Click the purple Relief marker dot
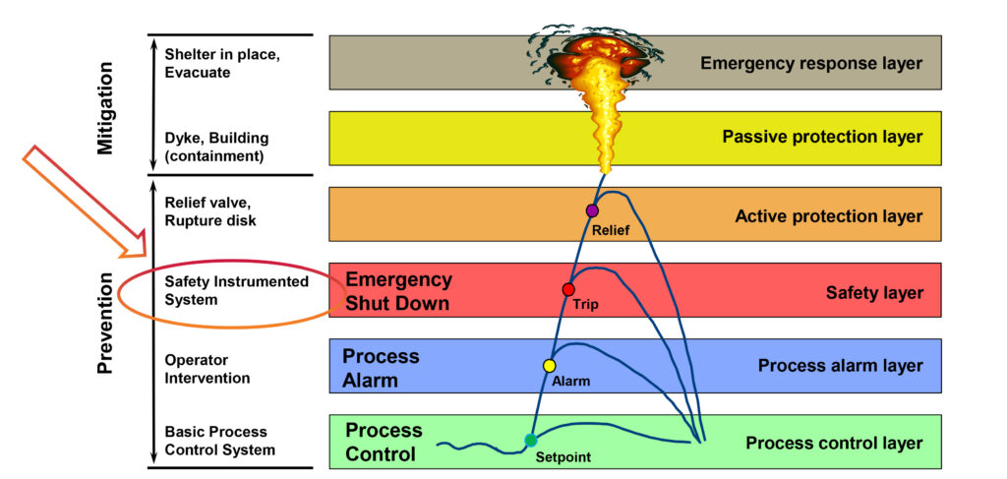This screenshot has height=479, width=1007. [592, 210]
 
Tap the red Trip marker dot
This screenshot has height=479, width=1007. [567, 289]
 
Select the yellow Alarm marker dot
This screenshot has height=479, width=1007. [550, 366]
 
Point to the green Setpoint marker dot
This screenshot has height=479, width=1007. [531, 441]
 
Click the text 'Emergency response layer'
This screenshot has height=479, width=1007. [811, 64]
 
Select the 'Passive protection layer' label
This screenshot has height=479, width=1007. [822, 138]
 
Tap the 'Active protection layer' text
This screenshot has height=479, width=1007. [828, 216]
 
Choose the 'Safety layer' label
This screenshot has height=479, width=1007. [873, 292]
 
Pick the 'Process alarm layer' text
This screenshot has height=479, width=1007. [840, 366]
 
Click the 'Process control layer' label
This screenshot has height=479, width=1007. [834, 443]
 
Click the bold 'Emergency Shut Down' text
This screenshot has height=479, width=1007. [398, 292]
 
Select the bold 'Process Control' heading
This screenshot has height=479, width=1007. [384, 443]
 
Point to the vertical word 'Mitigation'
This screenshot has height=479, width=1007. [107, 107]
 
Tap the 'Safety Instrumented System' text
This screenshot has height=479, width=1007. [236, 290]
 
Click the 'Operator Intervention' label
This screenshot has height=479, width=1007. [207, 370]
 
